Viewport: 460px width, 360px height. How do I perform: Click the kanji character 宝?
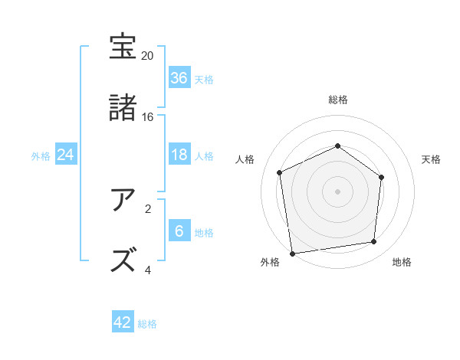point(123,47)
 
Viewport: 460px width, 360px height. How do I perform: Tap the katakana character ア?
point(123,200)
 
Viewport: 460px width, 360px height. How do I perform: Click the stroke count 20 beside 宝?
point(147,56)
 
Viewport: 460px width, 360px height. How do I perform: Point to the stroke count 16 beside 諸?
point(147,116)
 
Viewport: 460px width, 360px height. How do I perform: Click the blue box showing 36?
point(179,77)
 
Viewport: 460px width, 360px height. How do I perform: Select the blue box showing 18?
point(179,155)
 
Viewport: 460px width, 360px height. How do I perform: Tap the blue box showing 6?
point(179,231)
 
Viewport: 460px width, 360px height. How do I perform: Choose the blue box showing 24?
point(66,155)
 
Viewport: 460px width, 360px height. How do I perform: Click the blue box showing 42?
point(123,322)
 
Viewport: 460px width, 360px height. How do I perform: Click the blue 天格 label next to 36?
point(204,79)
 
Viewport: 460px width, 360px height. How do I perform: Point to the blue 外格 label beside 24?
point(41,155)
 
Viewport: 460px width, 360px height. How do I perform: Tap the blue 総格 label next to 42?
point(147,324)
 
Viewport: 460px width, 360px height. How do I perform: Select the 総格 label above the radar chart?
point(338,100)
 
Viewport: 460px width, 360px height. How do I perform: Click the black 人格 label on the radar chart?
point(245,159)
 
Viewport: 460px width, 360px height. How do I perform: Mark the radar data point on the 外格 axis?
point(292,253)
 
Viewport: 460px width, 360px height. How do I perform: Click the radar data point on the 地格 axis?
point(374,242)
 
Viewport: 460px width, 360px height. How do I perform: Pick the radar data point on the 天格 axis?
point(381,177)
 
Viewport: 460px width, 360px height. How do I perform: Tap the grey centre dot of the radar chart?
point(337,191)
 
